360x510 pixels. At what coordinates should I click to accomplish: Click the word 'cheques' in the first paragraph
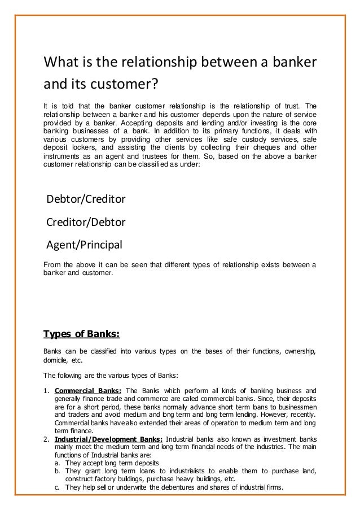pos(238,144)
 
